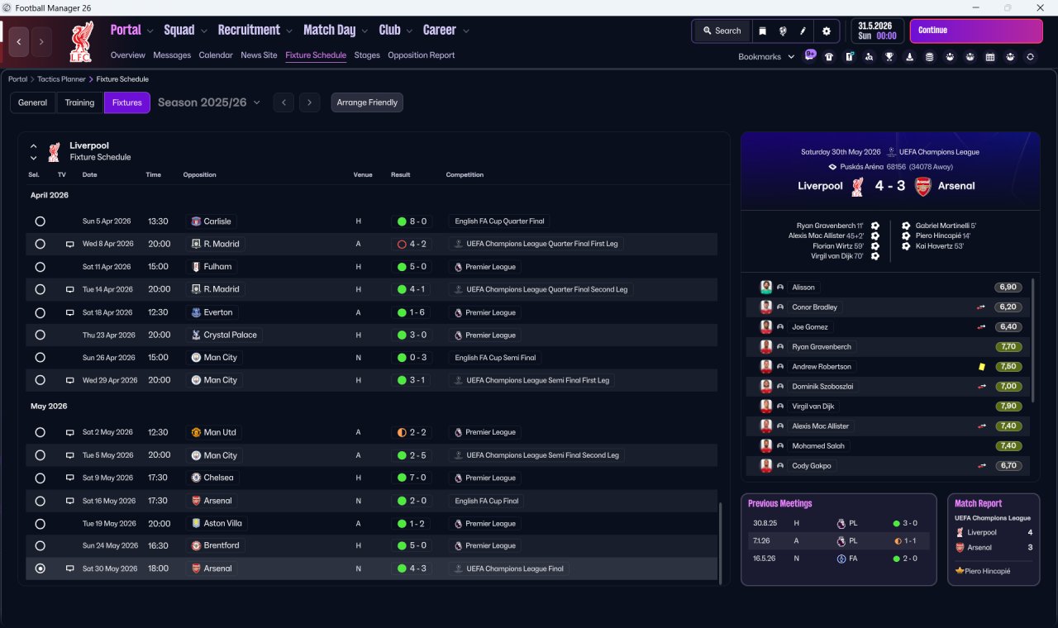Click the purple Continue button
coord(976,31)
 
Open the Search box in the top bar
coord(722,31)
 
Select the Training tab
coord(79,102)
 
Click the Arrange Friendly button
coord(367,102)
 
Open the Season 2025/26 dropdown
coord(209,102)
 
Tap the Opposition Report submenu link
coord(421,55)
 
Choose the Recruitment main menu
coord(249,31)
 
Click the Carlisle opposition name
coord(217,221)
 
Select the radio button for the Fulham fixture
coord(41,267)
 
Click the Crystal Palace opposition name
coord(230,335)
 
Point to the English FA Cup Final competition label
coord(487,501)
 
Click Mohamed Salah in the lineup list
coord(818,446)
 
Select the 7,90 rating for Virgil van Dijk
coord(1008,407)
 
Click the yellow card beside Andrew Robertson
coord(981,367)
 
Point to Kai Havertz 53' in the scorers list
coord(940,246)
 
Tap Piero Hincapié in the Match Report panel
coord(987,571)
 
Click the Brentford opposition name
coord(221,546)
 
